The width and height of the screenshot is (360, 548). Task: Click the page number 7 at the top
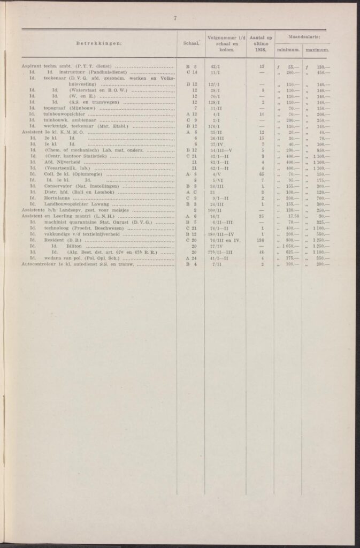tap(175, 19)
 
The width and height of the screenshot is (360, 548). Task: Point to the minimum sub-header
tap(287, 51)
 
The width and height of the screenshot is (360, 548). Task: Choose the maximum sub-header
tap(316, 51)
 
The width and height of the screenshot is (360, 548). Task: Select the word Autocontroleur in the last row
tap(40, 264)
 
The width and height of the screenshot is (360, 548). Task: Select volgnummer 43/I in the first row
tap(217, 66)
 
